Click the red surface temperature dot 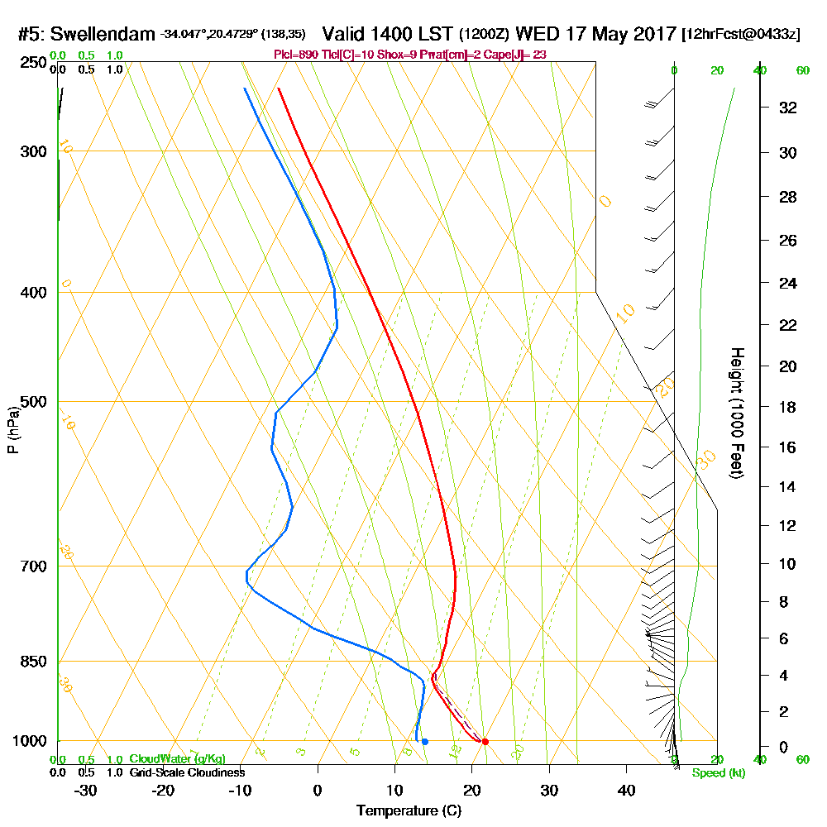click(485, 741)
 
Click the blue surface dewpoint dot click(424, 741)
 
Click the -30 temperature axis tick click(86, 790)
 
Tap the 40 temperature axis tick click(626, 790)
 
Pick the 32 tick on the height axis click(788, 108)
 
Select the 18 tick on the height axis click(788, 407)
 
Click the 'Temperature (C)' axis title click(409, 810)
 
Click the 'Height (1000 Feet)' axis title click(735, 413)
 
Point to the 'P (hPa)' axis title click(13, 430)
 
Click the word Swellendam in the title click(103, 35)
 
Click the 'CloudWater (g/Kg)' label click(177, 759)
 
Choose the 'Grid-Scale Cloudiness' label click(186, 772)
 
